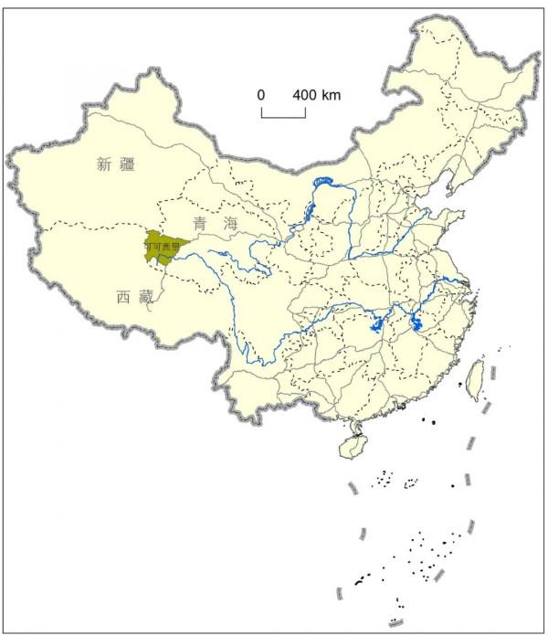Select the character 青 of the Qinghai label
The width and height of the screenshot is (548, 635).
pyautogui.click(x=200, y=223)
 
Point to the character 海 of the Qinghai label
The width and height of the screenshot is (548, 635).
pyautogui.click(x=228, y=223)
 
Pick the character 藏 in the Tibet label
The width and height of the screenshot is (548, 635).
pyautogui.click(x=146, y=296)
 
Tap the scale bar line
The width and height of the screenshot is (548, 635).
pyautogui.click(x=283, y=116)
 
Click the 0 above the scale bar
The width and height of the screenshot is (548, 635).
pyautogui.click(x=261, y=95)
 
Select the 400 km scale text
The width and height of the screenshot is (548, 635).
pyautogui.click(x=316, y=95)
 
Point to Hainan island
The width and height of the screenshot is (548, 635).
pyautogui.click(x=352, y=447)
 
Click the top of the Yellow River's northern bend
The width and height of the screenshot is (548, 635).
pyautogui.click(x=324, y=181)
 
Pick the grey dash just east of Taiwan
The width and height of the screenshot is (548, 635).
pyautogui.click(x=494, y=374)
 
